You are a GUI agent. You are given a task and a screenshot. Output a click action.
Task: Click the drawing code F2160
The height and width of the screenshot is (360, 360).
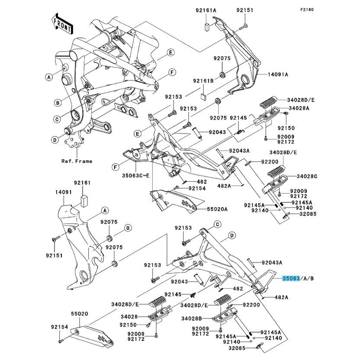point(344,9)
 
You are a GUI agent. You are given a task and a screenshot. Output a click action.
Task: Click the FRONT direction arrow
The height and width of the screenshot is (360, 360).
point(61,25)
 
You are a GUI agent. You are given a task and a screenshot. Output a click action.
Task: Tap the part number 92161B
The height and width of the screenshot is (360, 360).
point(203,81)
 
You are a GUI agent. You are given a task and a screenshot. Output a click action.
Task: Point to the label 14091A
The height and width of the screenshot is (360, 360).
point(278,74)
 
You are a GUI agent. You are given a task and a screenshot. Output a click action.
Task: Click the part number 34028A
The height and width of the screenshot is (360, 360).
point(299,108)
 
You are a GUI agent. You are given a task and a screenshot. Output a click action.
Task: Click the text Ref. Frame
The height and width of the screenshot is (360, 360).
point(77,161)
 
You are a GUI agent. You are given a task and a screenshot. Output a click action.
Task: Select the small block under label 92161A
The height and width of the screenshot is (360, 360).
point(207,25)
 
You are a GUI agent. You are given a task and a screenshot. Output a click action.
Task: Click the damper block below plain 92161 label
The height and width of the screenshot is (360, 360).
point(84,199)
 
